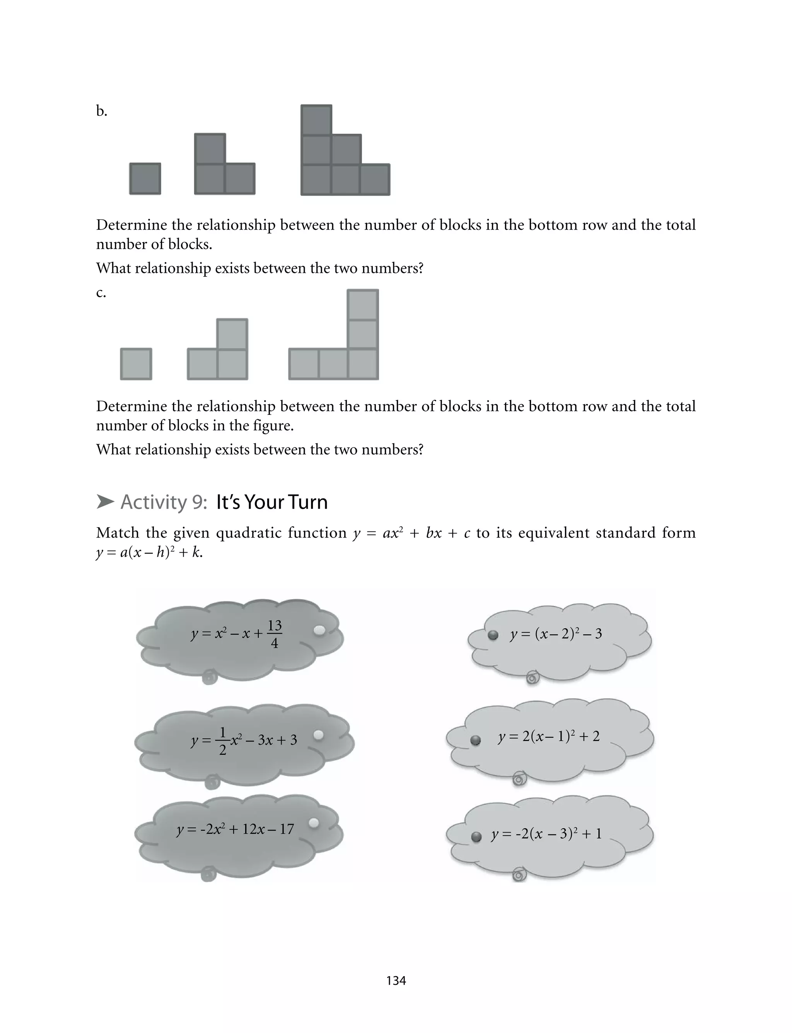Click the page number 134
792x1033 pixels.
[x=396, y=981]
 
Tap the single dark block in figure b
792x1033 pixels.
[x=145, y=179]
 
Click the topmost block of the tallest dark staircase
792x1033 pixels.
[x=316, y=120]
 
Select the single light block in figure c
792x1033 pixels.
[x=136, y=364]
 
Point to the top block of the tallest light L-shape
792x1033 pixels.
[x=362, y=305]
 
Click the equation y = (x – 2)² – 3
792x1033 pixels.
[x=556, y=634]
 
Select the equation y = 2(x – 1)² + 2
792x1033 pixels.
[x=549, y=736]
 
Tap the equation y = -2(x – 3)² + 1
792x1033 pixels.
[x=546, y=834]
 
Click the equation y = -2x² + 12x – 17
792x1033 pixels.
[x=235, y=829]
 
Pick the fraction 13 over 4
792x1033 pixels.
[x=274, y=634]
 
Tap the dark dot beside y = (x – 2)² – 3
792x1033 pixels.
[x=493, y=636]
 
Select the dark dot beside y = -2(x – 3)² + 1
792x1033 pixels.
[x=476, y=837]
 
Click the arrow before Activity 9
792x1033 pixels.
[x=105, y=502]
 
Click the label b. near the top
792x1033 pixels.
[x=101, y=111]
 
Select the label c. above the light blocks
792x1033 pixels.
[x=101, y=293]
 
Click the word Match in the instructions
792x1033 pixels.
[x=118, y=533]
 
